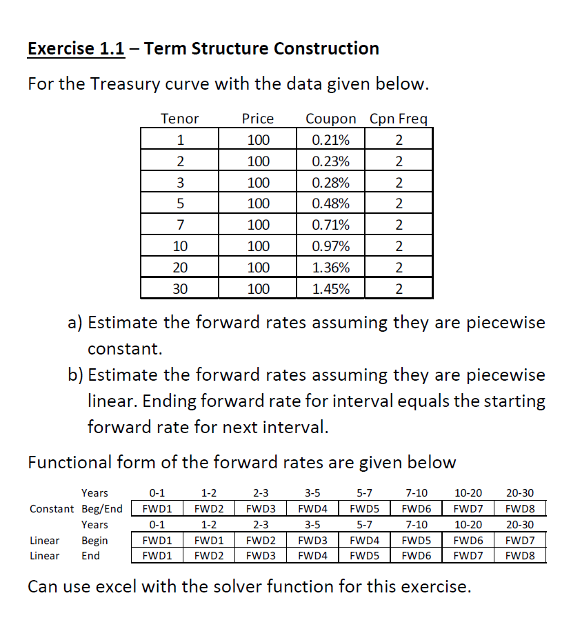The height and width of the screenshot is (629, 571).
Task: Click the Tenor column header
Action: click(x=179, y=119)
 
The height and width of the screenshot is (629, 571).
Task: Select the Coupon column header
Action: click(x=330, y=119)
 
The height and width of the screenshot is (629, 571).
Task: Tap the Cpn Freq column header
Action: click(x=399, y=119)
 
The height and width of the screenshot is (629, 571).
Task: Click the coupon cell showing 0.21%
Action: click(x=330, y=140)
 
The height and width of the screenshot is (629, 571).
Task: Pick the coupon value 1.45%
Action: click(x=330, y=288)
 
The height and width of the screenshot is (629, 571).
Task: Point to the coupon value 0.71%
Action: click(x=330, y=225)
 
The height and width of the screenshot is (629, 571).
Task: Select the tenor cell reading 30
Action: click(x=179, y=288)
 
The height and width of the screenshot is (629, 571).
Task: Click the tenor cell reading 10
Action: click(x=179, y=246)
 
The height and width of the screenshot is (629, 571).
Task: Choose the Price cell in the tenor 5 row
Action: click(x=258, y=203)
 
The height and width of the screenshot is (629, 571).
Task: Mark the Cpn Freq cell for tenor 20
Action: click(x=399, y=268)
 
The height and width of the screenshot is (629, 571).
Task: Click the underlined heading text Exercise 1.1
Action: click(x=76, y=49)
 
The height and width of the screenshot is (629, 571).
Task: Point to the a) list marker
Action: click(x=75, y=323)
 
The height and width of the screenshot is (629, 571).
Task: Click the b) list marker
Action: click(x=75, y=375)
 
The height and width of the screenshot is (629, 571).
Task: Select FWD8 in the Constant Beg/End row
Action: click(x=520, y=509)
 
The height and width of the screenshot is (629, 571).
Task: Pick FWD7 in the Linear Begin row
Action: click(x=520, y=541)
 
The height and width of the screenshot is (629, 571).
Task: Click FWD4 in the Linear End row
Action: click(x=312, y=555)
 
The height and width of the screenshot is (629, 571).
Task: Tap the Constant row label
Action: click(x=52, y=509)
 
